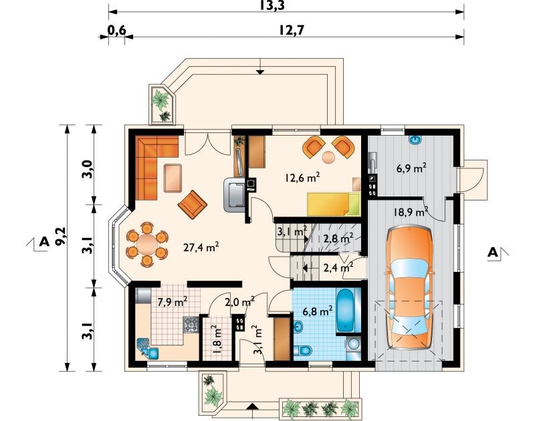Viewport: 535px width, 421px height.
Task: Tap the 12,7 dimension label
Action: pyautogui.click(x=291, y=30)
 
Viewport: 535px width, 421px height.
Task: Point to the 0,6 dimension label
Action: pyautogui.click(x=117, y=30)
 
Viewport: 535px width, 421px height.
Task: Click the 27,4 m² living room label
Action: pyautogui.click(x=201, y=246)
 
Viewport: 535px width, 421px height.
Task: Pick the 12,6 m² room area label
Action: pyautogui.click(x=302, y=177)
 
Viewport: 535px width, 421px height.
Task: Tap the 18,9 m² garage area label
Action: pyautogui.click(x=411, y=212)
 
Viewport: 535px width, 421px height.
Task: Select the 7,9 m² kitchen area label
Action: pyautogui.click(x=172, y=301)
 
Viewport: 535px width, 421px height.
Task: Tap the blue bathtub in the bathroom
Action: pyautogui.click(x=345, y=310)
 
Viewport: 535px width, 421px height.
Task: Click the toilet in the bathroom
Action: pyautogui.click(x=302, y=350)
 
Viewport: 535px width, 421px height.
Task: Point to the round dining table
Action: pyautogui.click(x=147, y=244)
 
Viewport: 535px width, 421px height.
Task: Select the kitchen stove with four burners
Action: pyautogui.click(x=191, y=325)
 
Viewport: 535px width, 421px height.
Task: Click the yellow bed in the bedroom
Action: pyautogui.click(x=333, y=204)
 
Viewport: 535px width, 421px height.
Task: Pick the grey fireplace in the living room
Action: pyautogui.click(x=234, y=195)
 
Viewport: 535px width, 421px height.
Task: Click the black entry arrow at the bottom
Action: pyautogui.click(x=252, y=406)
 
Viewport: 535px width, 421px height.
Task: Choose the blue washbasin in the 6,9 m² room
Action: pyautogui.click(x=415, y=139)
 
